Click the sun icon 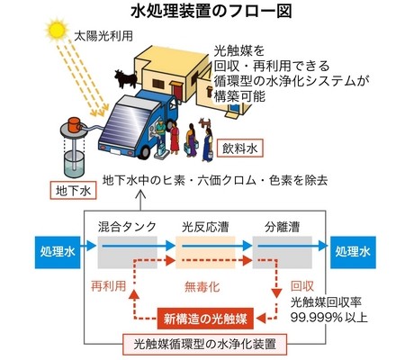click(x=57, y=30)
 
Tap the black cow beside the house click(x=126, y=78)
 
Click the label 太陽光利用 click(x=103, y=36)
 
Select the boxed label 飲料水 click(x=239, y=148)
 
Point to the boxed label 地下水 click(x=73, y=190)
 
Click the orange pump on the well click(x=74, y=124)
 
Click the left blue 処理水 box click(x=58, y=252)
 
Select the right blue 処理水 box click(x=353, y=252)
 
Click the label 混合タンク click(x=127, y=227)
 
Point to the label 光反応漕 click(x=205, y=227)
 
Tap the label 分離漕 click(x=282, y=227)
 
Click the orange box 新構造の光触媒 click(x=205, y=319)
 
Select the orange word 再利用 click(x=108, y=286)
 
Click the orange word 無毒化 click(x=202, y=287)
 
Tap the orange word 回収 click(x=302, y=286)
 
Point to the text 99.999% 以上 click(x=328, y=318)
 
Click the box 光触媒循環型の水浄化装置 click(x=204, y=344)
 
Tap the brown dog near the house click(x=205, y=123)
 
